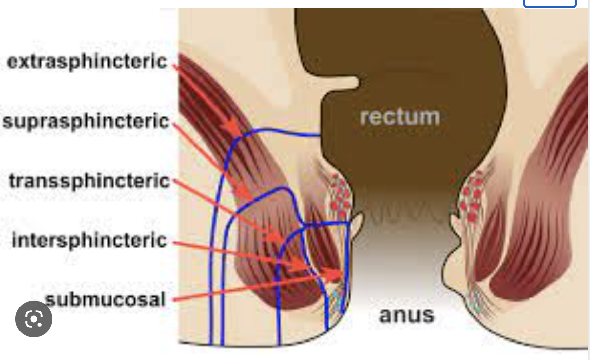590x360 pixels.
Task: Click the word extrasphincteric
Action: click(x=87, y=62)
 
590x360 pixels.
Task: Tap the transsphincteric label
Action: click(x=89, y=181)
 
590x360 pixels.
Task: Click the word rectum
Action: click(x=400, y=117)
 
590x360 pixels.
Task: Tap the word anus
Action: click(x=406, y=314)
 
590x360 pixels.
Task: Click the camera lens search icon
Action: click(x=34, y=319)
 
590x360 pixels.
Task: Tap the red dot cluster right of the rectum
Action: click(x=473, y=197)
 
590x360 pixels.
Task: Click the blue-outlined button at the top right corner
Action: click(x=549, y=4)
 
